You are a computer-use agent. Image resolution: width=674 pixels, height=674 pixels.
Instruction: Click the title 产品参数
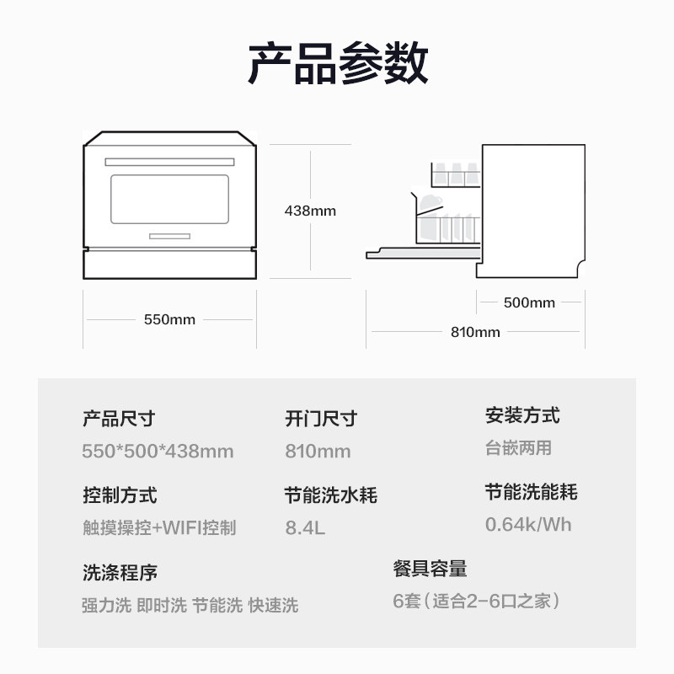tap(337, 64)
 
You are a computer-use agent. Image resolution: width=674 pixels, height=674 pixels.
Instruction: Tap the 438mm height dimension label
tap(310, 211)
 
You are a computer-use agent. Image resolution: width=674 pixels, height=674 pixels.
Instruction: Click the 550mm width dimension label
tap(169, 319)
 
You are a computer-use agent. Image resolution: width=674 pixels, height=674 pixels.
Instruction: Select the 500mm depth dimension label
tap(529, 302)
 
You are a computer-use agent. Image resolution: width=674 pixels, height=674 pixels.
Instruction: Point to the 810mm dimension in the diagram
tap(475, 332)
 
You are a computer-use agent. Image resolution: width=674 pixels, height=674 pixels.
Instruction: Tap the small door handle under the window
tap(169, 235)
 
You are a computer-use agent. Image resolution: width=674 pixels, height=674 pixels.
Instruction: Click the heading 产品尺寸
tap(119, 418)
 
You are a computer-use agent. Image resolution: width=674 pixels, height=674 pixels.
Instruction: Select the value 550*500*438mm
tap(158, 451)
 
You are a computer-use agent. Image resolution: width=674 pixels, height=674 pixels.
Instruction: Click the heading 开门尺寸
tap(321, 418)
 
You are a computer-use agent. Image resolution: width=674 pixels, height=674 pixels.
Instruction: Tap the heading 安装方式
tap(522, 415)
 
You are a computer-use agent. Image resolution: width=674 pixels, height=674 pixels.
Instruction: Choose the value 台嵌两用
tap(518, 448)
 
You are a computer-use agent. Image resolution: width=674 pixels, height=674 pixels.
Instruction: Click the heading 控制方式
tap(120, 495)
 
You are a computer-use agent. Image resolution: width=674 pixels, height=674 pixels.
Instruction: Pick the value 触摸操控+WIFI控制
tap(159, 528)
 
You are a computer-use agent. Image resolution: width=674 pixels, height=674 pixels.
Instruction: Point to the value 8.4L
tap(305, 528)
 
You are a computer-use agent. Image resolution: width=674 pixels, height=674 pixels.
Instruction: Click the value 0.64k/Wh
tap(528, 524)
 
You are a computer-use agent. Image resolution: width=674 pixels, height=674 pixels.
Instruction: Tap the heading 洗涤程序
tap(120, 573)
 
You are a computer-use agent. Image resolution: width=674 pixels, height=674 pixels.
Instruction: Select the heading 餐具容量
tap(430, 569)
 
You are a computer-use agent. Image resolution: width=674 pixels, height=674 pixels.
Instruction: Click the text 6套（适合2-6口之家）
tap(477, 602)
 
